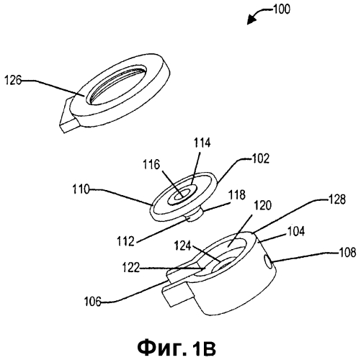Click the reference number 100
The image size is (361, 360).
pyautogui.click(x=282, y=9)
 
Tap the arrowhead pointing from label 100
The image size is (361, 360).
pyautogui.click(x=251, y=20)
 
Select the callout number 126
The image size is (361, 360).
pyautogui.click(x=13, y=80)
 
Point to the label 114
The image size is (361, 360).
pyautogui.click(x=202, y=143)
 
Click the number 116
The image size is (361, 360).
pyautogui.click(x=151, y=165)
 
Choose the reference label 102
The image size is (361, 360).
pyautogui.click(x=260, y=158)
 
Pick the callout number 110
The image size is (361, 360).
pyautogui.click(x=81, y=189)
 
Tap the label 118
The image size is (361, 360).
pyautogui.click(x=237, y=194)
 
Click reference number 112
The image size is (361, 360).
pyautogui.click(x=125, y=241)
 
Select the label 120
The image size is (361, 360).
pyautogui.click(x=263, y=205)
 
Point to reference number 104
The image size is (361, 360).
pyautogui.click(x=296, y=231)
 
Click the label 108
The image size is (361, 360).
pyautogui.click(x=347, y=253)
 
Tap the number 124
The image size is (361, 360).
pyautogui.click(x=182, y=246)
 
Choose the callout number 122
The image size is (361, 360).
pyautogui.click(x=131, y=267)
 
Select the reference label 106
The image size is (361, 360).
pyautogui.click(x=92, y=302)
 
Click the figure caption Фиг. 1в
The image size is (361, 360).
pyautogui.click(x=177, y=348)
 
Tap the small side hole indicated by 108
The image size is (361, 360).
pyautogui.click(x=267, y=261)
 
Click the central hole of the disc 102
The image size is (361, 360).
pyautogui.click(x=182, y=194)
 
